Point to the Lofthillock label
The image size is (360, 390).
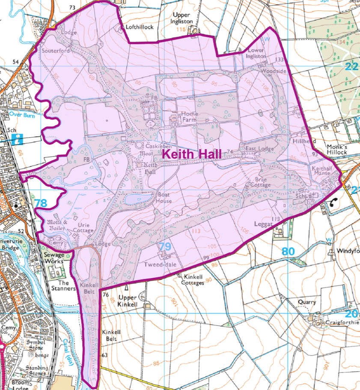click(140, 27)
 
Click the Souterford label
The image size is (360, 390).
click(56, 51)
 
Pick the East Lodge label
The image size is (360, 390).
click(259, 148)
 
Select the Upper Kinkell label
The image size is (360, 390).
click(128, 301)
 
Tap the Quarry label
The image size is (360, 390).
click(307, 302)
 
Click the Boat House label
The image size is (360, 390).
click(164, 198)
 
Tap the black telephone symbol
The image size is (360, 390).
click(333, 204)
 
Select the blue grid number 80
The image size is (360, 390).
click(289, 251)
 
